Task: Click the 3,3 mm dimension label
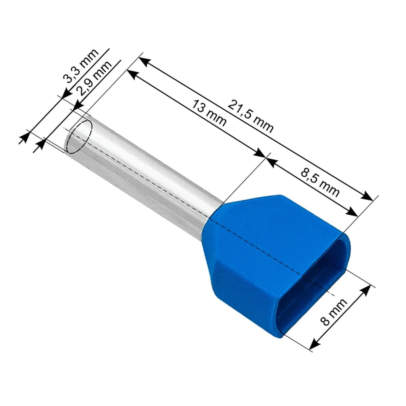coord(81,66)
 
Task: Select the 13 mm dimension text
coord(209,113)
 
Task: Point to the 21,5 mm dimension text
coord(250,116)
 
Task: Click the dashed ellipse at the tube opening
coord(80,137)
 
